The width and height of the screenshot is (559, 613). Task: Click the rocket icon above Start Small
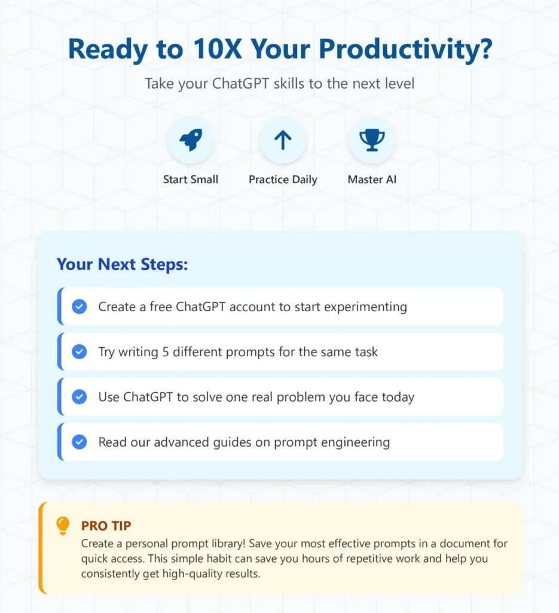coord(191,139)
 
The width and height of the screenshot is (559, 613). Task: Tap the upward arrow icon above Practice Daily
coord(283,140)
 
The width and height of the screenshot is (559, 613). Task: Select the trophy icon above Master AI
coord(372,140)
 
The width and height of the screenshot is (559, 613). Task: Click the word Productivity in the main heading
coord(405,50)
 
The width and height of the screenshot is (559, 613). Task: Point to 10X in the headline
coord(218,49)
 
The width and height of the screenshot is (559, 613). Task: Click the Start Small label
coord(191,180)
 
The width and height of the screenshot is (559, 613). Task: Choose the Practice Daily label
coord(283,180)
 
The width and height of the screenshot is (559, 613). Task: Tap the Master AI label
coord(372,180)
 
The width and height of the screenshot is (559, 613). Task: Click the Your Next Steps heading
coord(122,264)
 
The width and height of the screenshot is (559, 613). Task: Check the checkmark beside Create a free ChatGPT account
coord(80,307)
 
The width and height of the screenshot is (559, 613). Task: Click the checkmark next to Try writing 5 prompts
coord(80,352)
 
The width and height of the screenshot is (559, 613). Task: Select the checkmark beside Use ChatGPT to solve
coord(80,397)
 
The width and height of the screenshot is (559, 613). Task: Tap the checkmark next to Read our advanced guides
coord(80,442)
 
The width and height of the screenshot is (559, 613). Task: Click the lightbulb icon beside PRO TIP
coord(63,526)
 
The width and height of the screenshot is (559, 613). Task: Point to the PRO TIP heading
coord(106,526)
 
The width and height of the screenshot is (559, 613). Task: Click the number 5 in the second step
coord(166,352)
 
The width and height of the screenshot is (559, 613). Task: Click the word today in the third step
coord(398,397)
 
